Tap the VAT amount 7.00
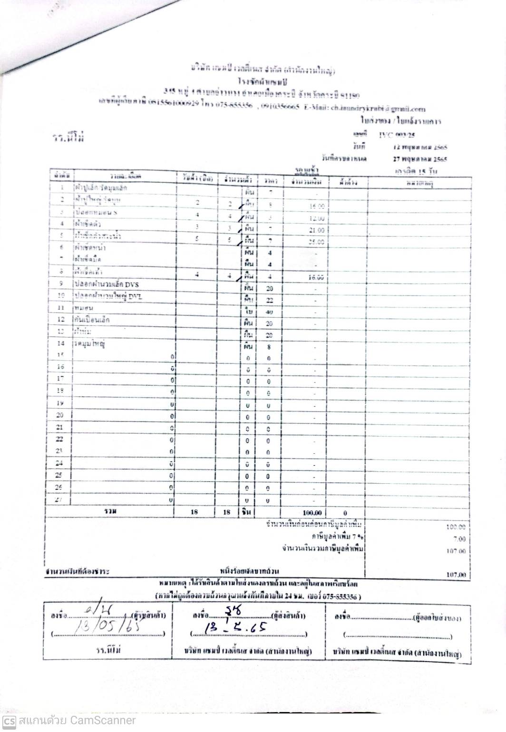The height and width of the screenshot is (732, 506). pos(459,539)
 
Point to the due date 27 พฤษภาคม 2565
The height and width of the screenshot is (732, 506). pos(418,159)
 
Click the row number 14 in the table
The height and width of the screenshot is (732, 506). pos(60,343)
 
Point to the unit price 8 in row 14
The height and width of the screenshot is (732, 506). pos(269,347)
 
